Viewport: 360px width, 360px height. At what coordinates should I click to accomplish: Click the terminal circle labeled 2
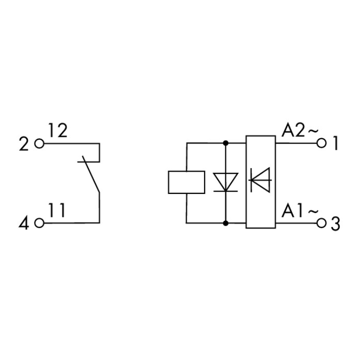point(39,144)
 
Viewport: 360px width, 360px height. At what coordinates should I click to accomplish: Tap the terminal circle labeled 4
point(39,223)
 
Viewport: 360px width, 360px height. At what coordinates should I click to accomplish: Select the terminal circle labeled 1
point(322,143)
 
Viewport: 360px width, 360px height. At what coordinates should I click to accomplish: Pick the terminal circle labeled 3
point(322,223)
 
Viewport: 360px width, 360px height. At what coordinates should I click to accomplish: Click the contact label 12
point(58,131)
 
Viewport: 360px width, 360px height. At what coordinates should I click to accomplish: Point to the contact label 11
point(57,210)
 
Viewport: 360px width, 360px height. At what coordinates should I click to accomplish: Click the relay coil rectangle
point(186,182)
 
